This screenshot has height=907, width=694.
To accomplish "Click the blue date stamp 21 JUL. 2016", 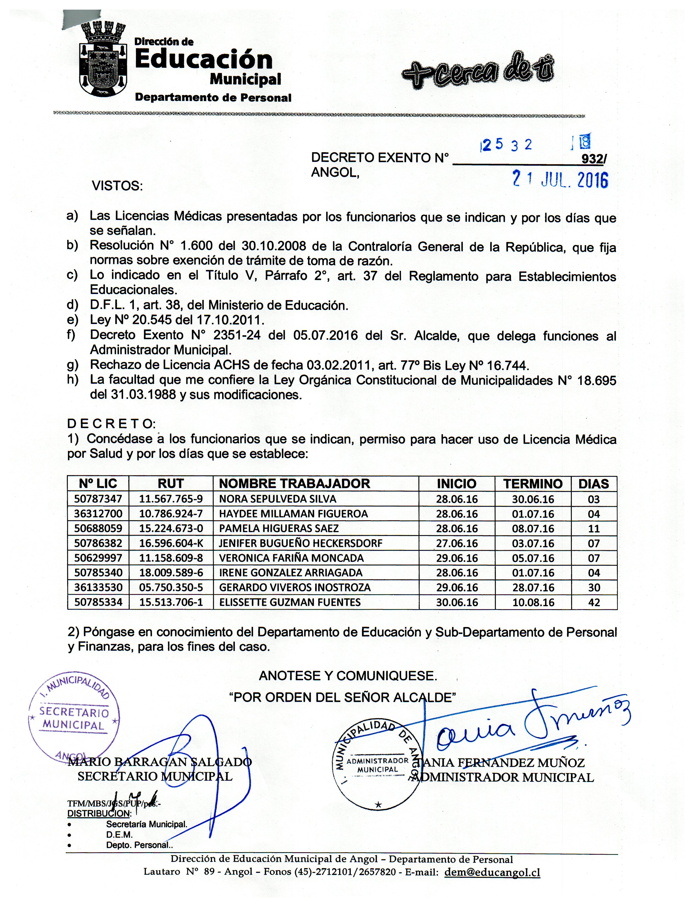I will pos(560,180).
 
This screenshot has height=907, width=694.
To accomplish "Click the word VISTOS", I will pos(117,186).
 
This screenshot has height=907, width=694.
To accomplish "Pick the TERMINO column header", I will pos(533,484).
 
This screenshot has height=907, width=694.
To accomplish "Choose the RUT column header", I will pos(171,484).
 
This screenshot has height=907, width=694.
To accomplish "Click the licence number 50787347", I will pos(98,499).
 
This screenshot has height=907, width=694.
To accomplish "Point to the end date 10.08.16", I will pos(533,602).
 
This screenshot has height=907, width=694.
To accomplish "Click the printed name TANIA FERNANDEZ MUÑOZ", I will pos(502,763).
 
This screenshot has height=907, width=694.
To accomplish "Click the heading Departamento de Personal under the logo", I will pos(213,98).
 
